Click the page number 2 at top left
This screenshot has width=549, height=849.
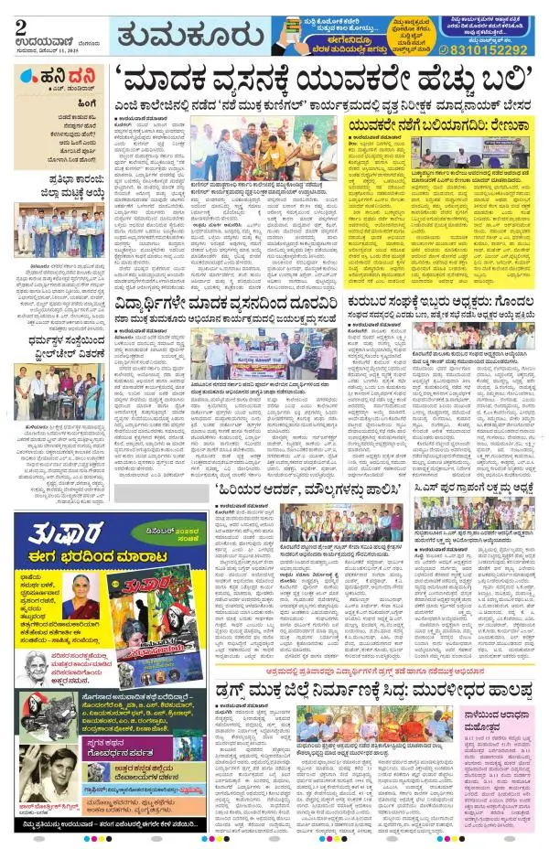(18, 27)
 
